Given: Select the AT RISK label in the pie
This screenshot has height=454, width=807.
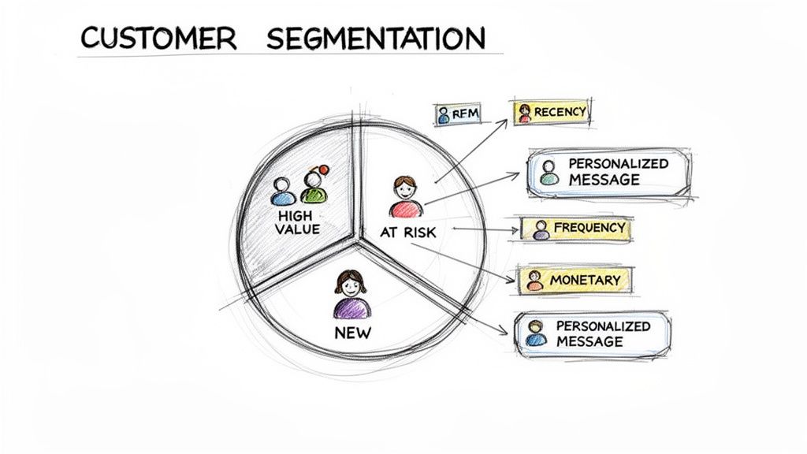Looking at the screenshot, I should (408, 232).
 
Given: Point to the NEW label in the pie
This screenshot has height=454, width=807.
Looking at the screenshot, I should (352, 332).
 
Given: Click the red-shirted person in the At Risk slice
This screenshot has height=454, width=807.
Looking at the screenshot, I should (405, 197).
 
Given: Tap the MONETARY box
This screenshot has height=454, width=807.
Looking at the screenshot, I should (575, 280).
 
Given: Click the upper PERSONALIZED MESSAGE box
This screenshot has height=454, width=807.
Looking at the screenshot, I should (608, 172).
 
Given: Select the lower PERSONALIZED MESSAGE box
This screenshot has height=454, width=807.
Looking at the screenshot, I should (593, 333).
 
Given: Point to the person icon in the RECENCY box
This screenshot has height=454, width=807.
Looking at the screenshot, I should (525, 113).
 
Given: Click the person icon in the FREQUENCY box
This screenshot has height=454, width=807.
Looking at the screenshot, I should (541, 229).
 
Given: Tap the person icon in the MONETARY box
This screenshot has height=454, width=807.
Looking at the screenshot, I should (536, 280).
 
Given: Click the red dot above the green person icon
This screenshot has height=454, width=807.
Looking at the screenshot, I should (322, 169).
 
